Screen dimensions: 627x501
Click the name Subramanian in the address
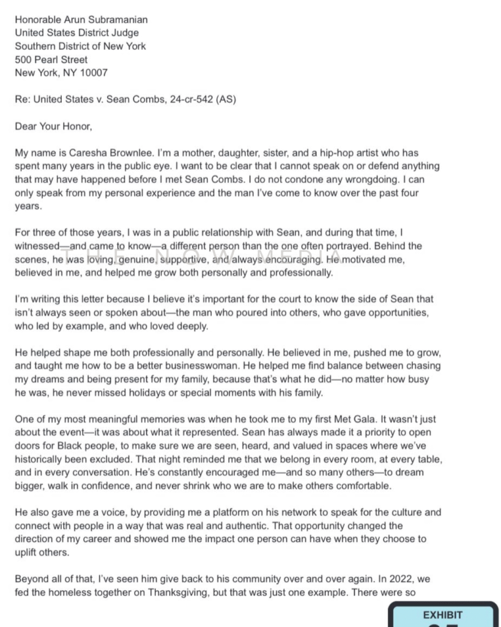(116, 20)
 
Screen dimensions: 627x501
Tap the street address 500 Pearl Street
(51, 59)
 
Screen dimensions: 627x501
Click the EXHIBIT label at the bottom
(443, 615)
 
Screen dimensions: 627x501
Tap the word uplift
(28, 552)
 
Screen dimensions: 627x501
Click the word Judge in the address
(124, 33)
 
